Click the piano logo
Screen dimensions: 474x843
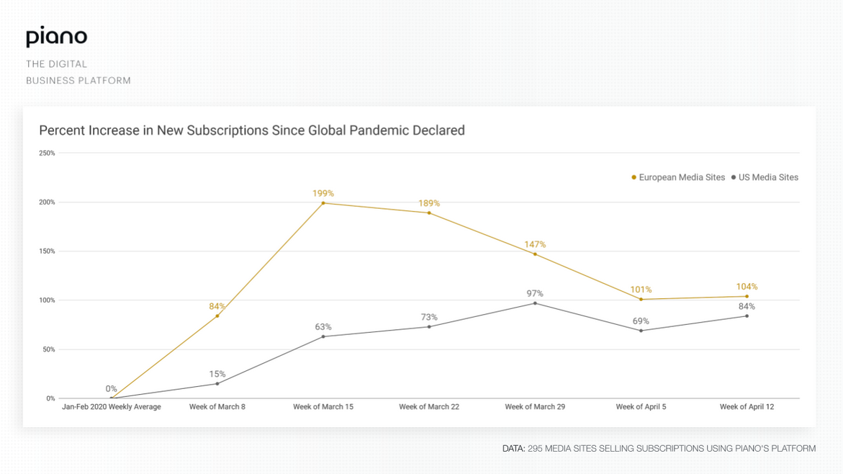(x=56, y=38)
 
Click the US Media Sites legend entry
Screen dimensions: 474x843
(x=765, y=177)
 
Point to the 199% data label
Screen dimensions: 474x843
(x=323, y=193)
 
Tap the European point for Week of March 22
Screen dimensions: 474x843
(x=429, y=213)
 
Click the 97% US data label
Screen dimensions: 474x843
(x=535, y=293)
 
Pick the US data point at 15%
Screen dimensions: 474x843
(x=217, y=383)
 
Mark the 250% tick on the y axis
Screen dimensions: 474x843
(x=47, y=153)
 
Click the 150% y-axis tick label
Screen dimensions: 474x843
(x=47, y=251)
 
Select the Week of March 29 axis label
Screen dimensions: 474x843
(x=535, y=407)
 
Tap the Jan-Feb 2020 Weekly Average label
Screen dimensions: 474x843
(x=112, y=407)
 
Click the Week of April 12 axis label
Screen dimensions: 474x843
(x=747, y=407)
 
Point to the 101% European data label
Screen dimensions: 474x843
(x=641, y=290)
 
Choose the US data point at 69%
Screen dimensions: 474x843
(x=641, y=331)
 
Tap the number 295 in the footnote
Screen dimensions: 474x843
(x=536, y=449)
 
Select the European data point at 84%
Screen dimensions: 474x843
(x=217, y=316)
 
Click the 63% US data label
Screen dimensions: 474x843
(x=323, y=327)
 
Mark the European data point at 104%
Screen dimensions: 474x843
(x=747, y=296)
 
